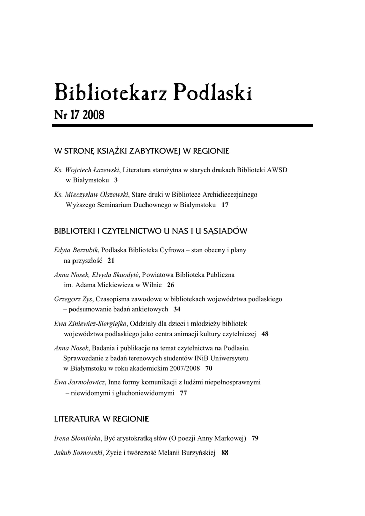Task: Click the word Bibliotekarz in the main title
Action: click(x=109, y=93)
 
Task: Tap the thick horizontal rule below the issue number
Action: click(x=183, y=125)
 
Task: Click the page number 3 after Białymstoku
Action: click(x=116, y=180)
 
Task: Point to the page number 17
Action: click(x=225, y=205)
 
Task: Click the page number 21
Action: click(x=111, y=261)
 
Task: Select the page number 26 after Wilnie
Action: click(x=171, y=285)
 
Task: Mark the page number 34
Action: click(x=177, y=309)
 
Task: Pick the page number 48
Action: click(x=265, y=334)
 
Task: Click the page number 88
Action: click(x=225, y=453)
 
